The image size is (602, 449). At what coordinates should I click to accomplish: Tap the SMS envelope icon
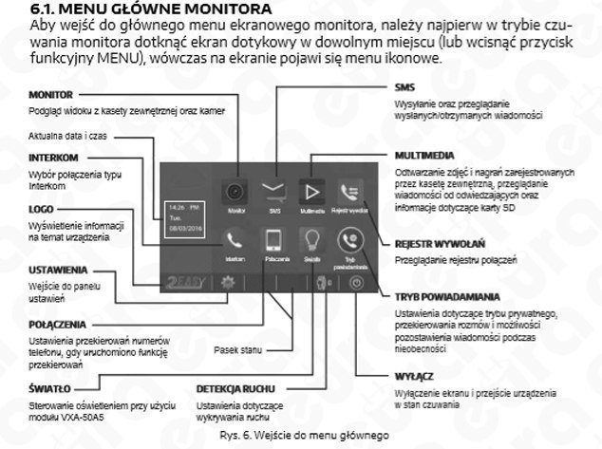point(274,190)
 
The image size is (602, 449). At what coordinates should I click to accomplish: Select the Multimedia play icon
point(311,190)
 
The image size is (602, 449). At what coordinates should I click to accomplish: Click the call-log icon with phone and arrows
point(348,190)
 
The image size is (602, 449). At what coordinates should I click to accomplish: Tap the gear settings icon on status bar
point(227,282)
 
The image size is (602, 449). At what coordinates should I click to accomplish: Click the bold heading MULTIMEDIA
point(425,154)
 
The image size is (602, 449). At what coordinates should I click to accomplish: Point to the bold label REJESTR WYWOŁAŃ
point(442,243)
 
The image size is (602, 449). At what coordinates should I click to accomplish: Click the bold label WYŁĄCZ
point(414,376)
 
